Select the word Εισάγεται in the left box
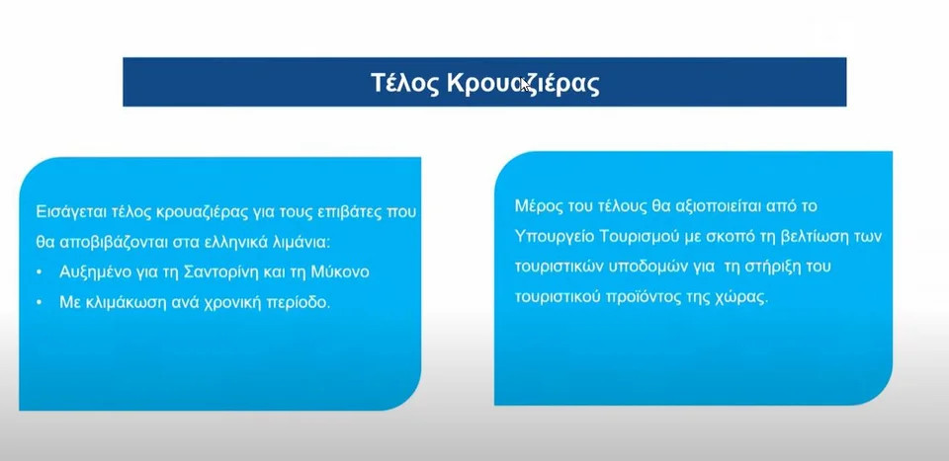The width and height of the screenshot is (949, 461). coord(72,212)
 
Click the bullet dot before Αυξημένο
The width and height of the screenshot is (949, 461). coord(40,272)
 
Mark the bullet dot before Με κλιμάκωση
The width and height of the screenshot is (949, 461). coord(40,302)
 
